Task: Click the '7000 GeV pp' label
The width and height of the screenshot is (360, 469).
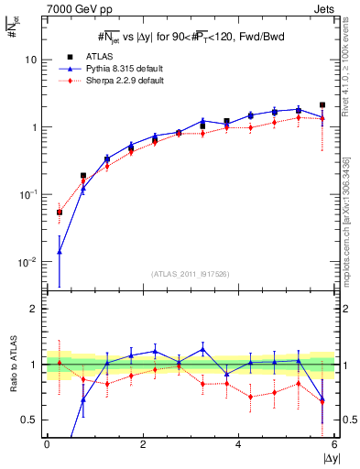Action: pos(71,9)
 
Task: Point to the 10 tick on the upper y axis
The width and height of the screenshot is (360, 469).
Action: pos(29,60)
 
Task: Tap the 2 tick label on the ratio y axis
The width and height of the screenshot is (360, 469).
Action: pos(32,309)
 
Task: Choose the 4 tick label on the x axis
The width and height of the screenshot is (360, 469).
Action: pos(238,444)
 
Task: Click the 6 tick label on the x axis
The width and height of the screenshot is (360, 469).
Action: pos(334,444)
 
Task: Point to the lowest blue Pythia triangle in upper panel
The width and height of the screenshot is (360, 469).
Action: pos(60,251)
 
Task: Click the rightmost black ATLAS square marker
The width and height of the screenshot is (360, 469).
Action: pos(322,105)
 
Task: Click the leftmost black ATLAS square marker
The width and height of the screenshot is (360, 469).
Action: pos(60,212)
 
